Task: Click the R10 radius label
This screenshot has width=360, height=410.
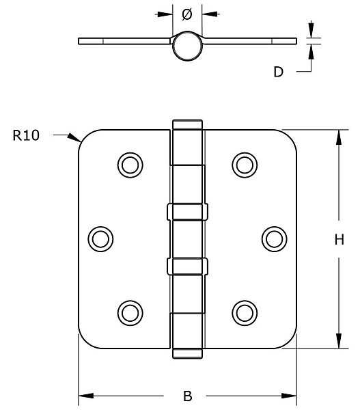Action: tap(26, 135)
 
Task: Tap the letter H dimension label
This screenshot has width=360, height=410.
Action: tap(339, 239)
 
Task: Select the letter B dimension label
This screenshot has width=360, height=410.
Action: tap(187, 396)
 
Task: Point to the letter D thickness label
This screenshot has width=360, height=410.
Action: tap(279, 72)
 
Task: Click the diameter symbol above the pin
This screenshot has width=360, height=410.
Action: tap(187, 14)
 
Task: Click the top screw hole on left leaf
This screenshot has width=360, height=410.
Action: tap(130, 165)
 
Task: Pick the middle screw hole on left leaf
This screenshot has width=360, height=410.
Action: tap(100, 239)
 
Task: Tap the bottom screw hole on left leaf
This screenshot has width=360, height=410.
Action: tap(130, 313)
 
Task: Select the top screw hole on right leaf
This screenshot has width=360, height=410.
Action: tap(245, 165)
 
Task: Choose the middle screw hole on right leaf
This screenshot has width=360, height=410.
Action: tap(274, 239)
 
